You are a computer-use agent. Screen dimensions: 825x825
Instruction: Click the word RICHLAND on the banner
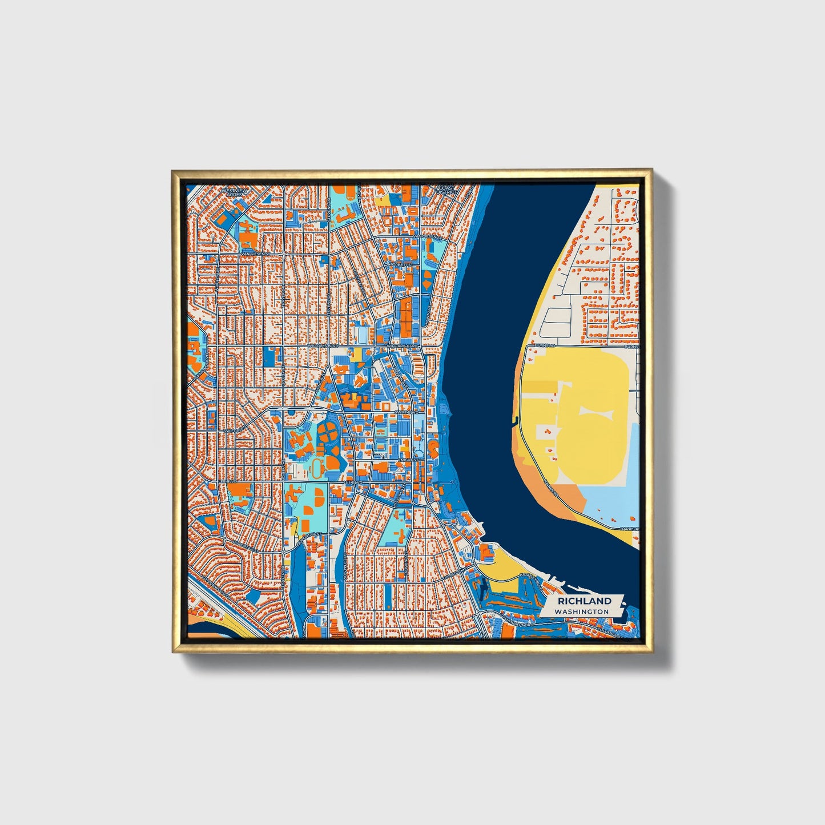(x=585, y=601)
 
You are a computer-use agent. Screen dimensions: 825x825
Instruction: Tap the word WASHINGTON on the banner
(x=585, y=611)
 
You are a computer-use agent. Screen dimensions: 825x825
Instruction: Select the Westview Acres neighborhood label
(x=232, y=192)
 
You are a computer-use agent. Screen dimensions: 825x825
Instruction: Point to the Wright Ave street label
(x=282, y=295)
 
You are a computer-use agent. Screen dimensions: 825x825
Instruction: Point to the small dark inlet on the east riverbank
(x=516, y=421)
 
